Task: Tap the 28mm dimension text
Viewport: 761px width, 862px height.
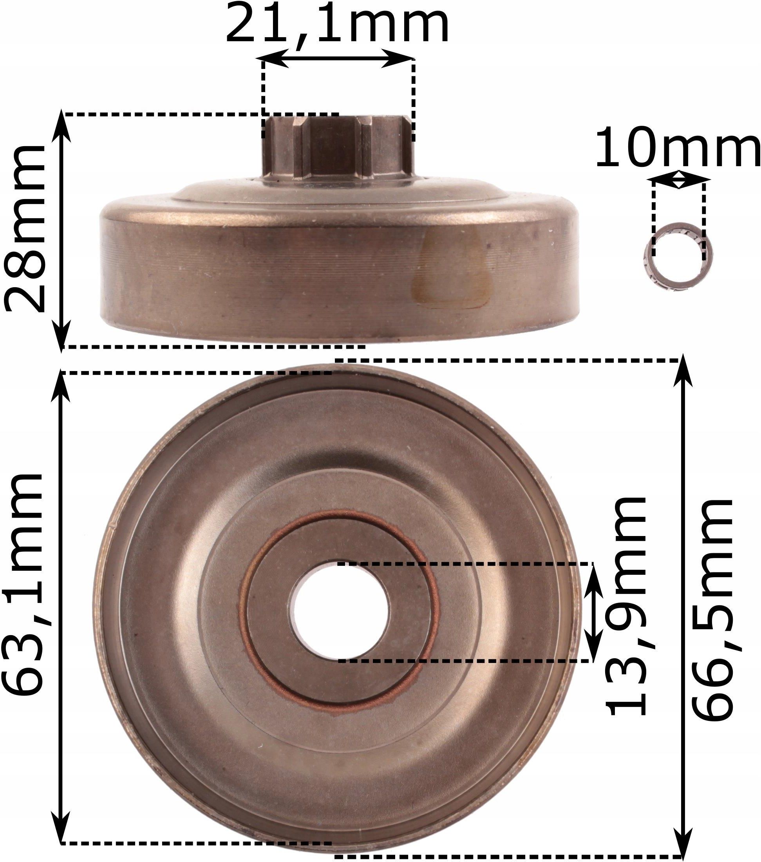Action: pyautogui.click(x=24, y=228)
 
